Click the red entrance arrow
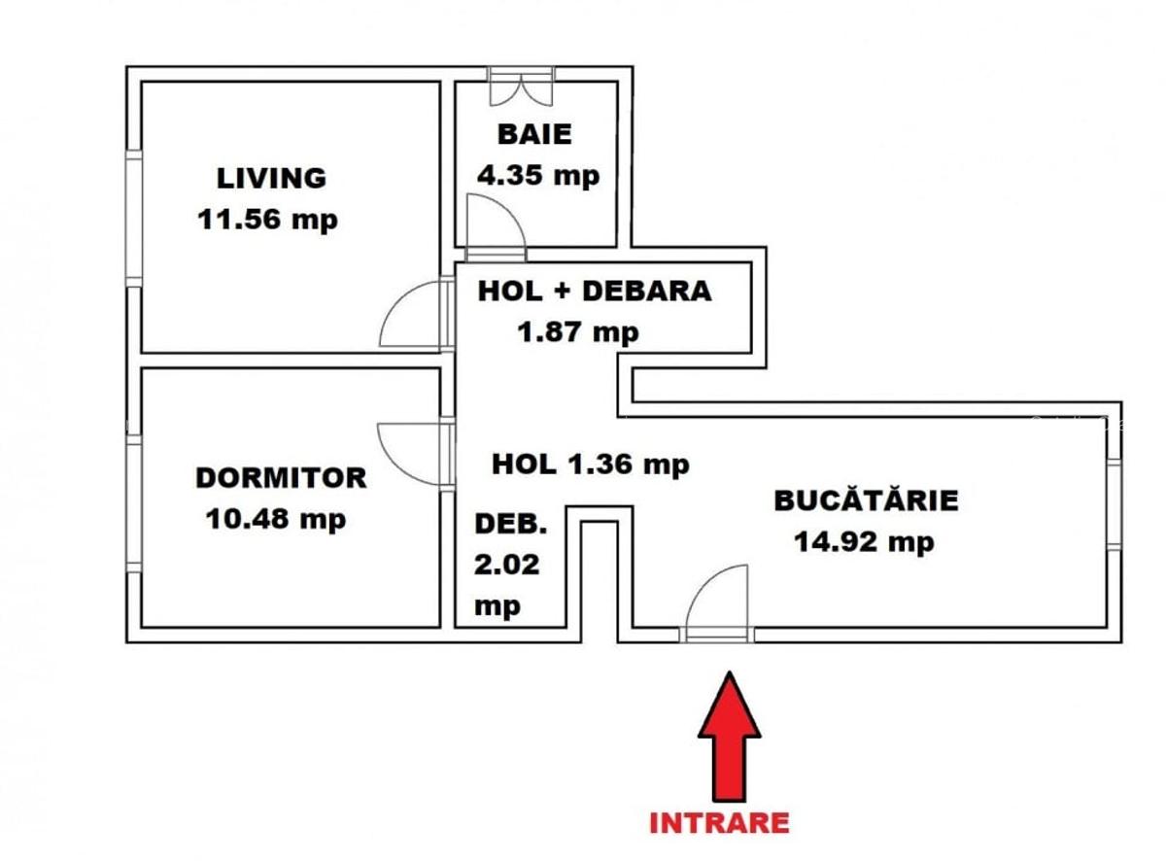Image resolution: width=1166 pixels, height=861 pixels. tap(729, 737)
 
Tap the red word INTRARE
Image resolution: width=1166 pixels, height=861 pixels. tap(718, 822)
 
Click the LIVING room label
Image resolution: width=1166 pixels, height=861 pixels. tap(271, 178)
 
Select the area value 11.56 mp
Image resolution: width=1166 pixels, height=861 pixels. tap(267, 219)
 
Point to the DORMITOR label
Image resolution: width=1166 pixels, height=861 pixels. tap(281, 478)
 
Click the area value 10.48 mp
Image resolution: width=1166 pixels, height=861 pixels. tap(276, 519)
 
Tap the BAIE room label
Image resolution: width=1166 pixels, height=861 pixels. tap(534, 134)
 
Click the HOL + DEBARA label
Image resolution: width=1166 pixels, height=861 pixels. tap(594, 291)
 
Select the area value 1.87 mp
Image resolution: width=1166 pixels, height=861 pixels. tap(578, 332)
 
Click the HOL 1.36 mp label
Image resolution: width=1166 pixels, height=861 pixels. tap(590, 464)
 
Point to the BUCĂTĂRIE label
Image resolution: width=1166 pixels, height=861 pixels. tap(866, 500)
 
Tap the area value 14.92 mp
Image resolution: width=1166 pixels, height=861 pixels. tap(864, 541)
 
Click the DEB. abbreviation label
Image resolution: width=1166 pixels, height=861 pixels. tap(510, 524)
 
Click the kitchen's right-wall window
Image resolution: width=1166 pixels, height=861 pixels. tap(1114, 502)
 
